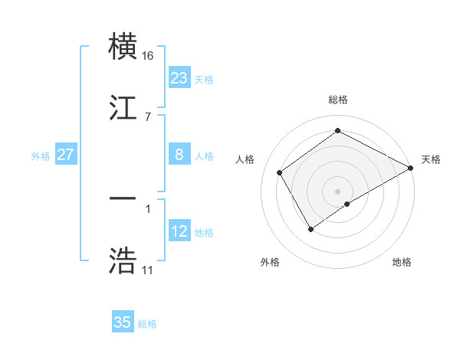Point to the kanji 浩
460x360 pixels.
[123, 260]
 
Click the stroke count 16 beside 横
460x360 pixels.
[147, 56]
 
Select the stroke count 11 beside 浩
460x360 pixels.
[147, 270]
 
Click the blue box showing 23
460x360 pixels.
[179, 78]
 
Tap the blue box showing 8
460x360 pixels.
[179, 155]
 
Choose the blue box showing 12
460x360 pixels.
[179, 231]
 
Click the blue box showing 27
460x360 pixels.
[65, 155]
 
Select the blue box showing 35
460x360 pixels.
[123, 322]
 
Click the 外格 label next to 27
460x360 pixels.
[41, 155]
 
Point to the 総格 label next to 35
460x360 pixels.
[147, 324]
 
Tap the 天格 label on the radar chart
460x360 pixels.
[431, 159]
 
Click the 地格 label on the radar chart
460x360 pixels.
[402, 262]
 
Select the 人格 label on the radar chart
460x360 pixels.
[245, 159]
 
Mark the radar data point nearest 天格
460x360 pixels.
[412, 169]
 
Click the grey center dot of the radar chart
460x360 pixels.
[337, 191]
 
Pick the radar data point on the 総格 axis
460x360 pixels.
[337, 130]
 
